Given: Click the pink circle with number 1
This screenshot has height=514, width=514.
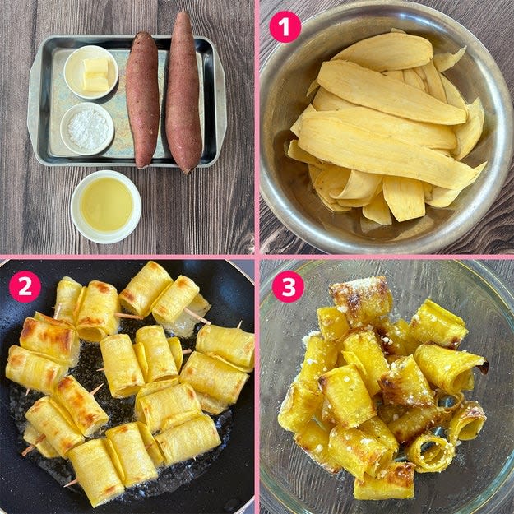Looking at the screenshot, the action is [x=285, y=27].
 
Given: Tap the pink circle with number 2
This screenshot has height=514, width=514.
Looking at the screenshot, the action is [x=25, y=286].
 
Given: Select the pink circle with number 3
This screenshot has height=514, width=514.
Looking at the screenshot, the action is [x=288, y=286].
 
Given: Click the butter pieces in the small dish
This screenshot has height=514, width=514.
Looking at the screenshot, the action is [x=95, y=75].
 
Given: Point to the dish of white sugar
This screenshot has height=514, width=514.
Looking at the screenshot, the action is [x=87, y=128].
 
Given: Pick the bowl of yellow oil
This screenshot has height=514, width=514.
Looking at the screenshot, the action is [x=106, y=207].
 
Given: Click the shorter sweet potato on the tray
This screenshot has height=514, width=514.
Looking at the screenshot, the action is [x=142, y=100].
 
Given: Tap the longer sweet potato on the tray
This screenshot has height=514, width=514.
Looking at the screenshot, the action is [x=183, y=92].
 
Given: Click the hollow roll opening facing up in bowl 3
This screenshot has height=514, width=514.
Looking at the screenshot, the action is [x=430, y=452].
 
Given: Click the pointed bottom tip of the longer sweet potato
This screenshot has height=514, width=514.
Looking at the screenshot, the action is [x=188, y=173].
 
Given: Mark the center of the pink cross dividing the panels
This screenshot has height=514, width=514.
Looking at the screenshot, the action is [x=257, y=257].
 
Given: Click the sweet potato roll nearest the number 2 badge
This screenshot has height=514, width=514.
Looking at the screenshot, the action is [x=67, y=299].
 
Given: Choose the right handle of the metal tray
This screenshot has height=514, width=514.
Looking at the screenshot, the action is [x=221, y=101].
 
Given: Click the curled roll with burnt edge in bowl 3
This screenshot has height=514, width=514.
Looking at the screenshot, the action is [x=451, y=367].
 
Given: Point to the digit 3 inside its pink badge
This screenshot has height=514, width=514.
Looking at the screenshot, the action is [x=288, y=287].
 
